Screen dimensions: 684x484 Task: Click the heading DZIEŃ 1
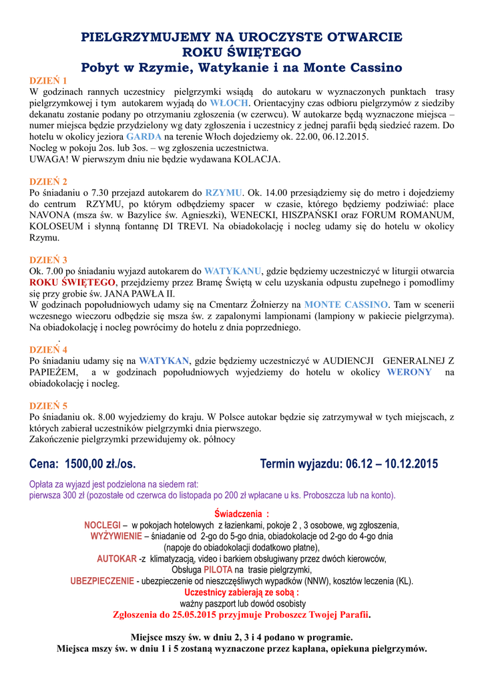48,80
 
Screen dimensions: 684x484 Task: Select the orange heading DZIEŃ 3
48,260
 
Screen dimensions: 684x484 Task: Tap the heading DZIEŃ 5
48,405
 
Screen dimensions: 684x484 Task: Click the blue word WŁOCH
230,103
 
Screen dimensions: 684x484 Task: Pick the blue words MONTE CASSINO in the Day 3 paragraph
346,304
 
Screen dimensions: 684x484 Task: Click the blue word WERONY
409,372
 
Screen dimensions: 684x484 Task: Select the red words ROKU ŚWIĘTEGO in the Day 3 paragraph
65,283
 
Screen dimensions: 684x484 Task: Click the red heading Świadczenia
240,514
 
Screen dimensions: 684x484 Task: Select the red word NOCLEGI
102,525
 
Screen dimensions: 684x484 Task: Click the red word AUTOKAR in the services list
116,558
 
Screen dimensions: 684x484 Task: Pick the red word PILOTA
218,570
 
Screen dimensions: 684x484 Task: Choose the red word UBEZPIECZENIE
102,581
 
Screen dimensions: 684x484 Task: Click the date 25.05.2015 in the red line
183,615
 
